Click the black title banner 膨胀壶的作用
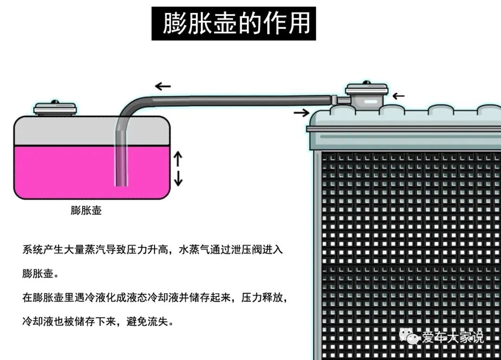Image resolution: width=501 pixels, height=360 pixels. click(234, 23)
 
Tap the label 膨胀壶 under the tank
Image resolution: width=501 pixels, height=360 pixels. click(86, 211)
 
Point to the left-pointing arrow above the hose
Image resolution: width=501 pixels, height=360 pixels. click(163, 86)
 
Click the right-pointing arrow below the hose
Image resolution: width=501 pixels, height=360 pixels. click(302, 112)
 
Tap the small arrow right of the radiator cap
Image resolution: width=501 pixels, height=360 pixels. click(398, 96)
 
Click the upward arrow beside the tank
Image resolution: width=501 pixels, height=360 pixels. click(178, 159)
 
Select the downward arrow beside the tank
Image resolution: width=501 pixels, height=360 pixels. click(178, 179)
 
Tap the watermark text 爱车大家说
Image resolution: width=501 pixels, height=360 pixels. click(452, 337)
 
